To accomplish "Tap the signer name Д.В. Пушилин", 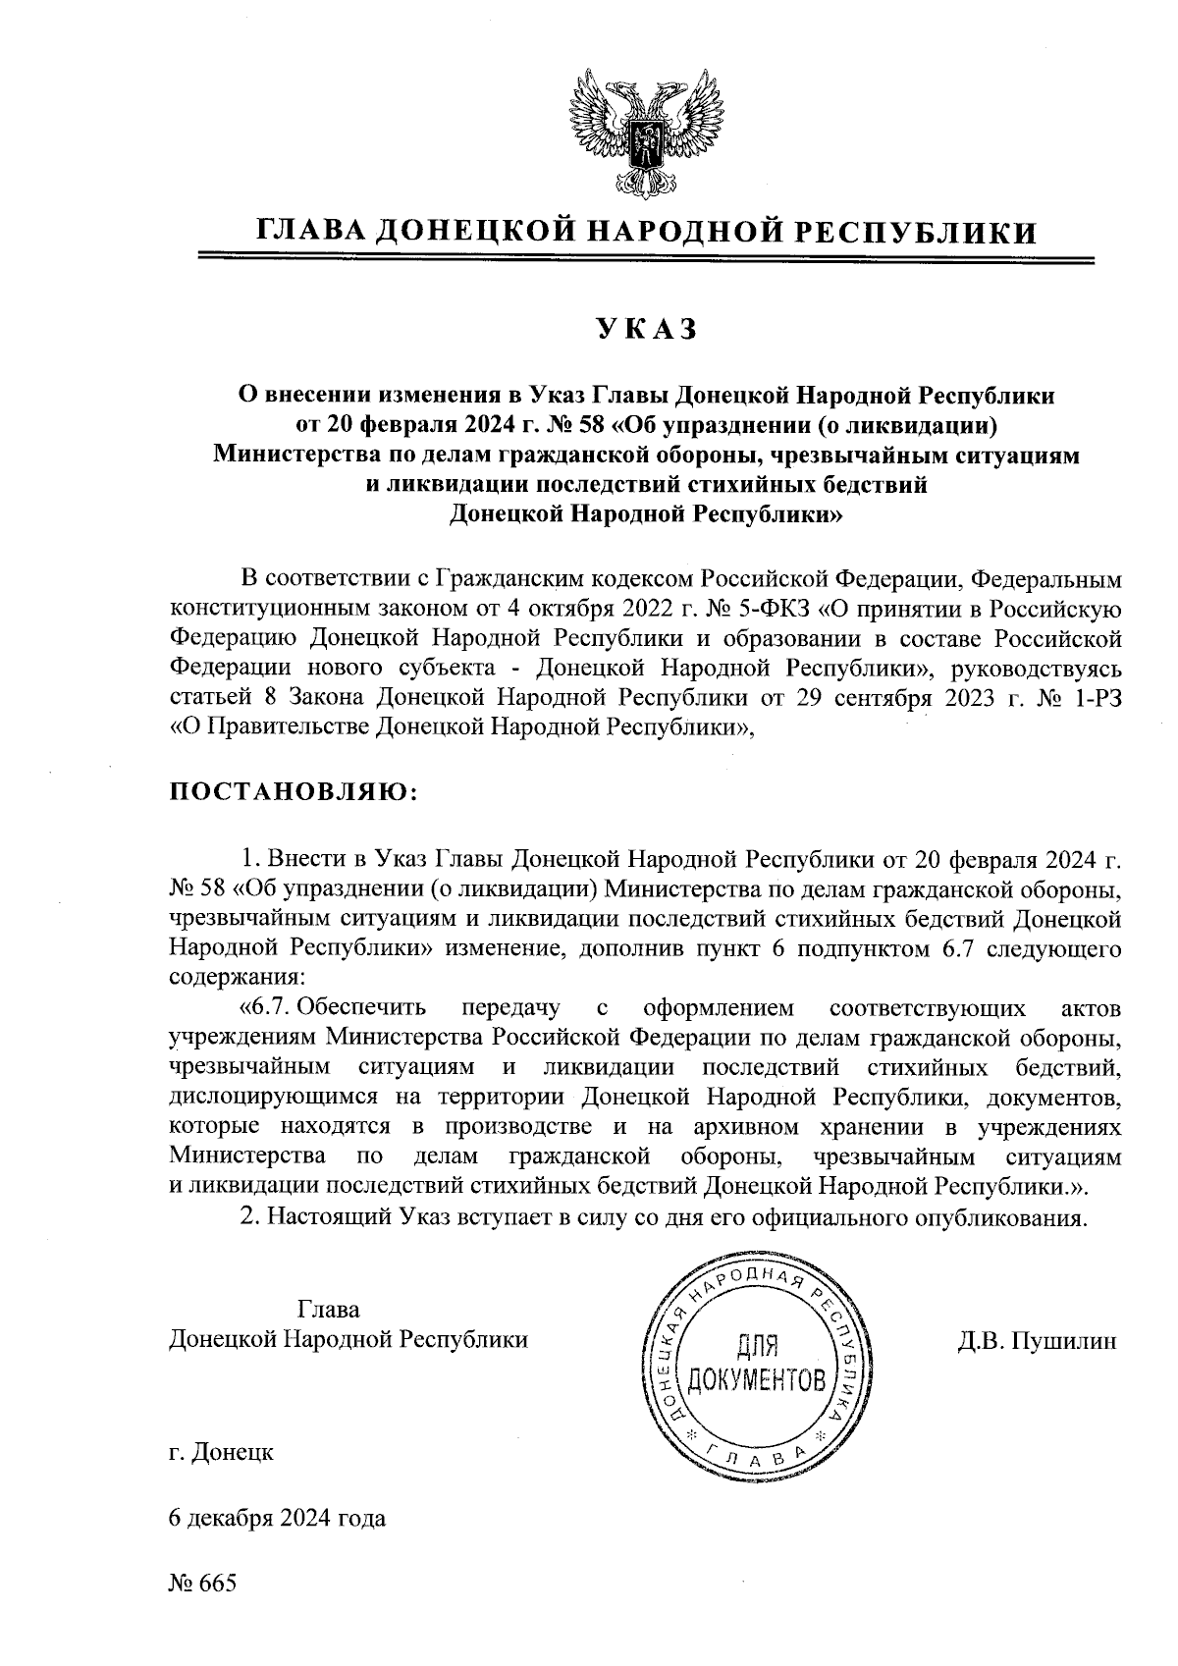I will tap(1038, 1340).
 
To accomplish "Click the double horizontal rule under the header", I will tap(645, 259).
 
